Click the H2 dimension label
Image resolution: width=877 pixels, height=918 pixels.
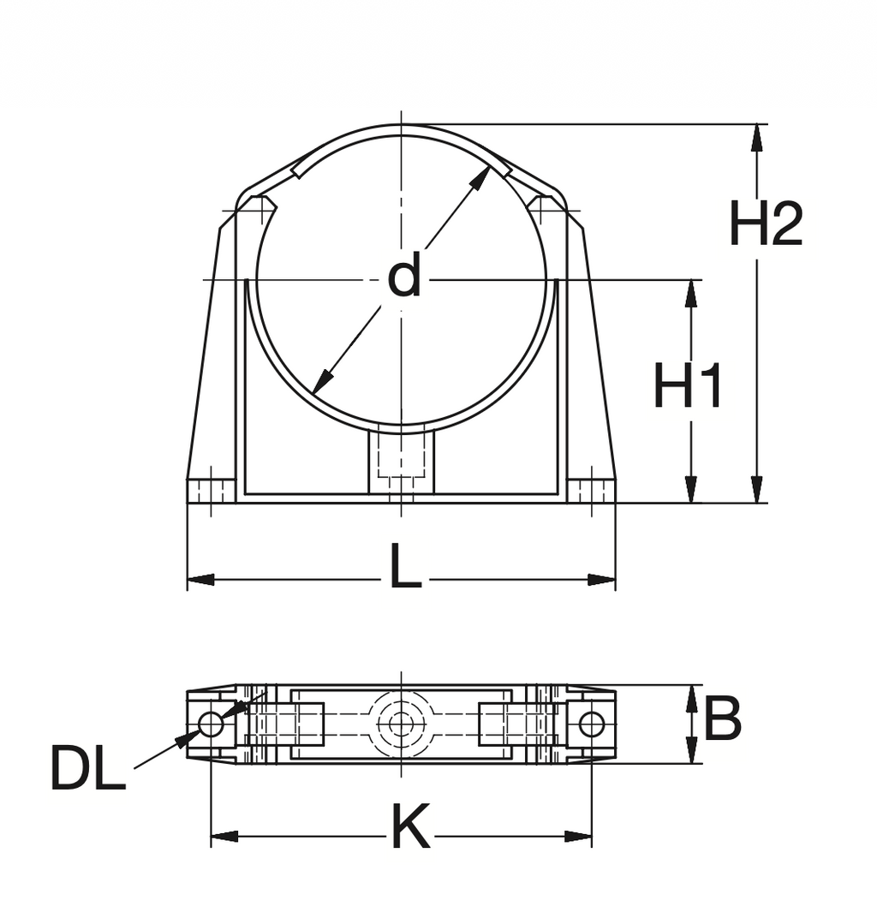[x=765, y=224]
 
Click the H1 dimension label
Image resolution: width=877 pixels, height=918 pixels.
[x=688, y=386]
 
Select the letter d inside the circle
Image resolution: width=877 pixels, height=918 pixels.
[x=404, y=277]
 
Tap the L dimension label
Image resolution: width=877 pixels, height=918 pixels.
[x=404, y=569]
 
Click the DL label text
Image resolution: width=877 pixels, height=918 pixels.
[x=87, y=768]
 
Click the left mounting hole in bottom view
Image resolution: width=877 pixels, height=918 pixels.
[x=211, y=724]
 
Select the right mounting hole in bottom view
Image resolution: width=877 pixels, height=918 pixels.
[x=591, y=724]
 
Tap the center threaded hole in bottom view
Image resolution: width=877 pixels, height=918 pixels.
[x=401, y=724]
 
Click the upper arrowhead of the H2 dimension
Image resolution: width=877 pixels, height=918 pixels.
[x=756, y=137]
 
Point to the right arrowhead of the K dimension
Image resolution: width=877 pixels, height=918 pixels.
[x=579, y=836]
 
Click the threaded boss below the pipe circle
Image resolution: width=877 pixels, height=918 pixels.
[x=401, y=461]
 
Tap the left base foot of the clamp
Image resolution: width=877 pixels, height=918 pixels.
[x=211, y=491]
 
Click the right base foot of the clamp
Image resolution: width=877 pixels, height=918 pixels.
[x=591, y=491]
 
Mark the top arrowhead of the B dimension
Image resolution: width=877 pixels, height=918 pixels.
[x=690, y=697]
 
